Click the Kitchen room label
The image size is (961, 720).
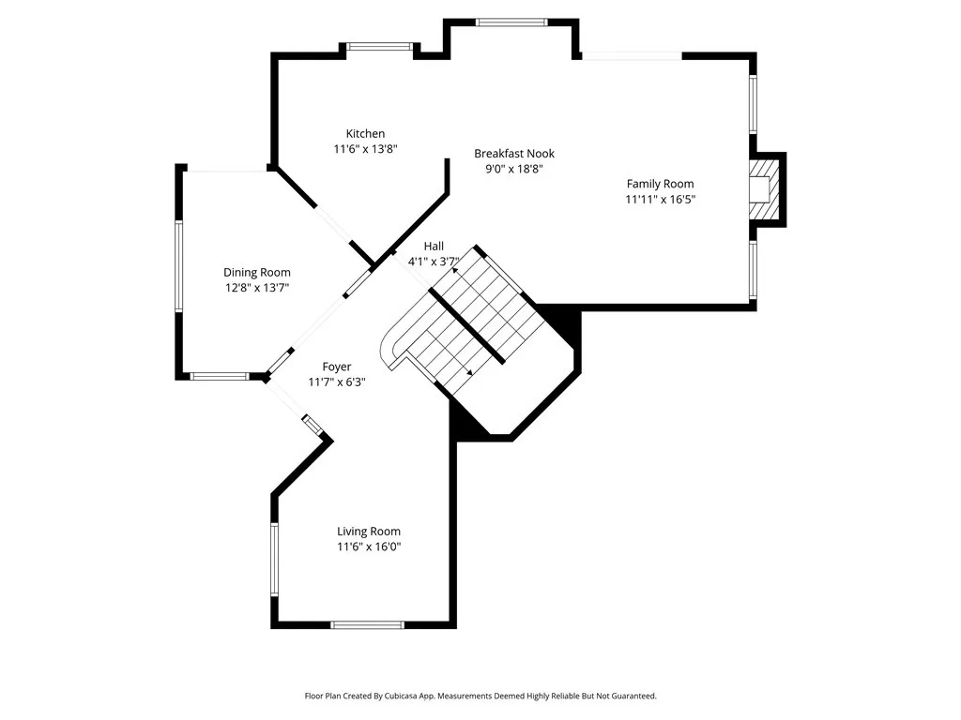point(365,133)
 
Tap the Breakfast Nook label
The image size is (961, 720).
point(514,154)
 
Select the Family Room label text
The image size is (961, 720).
point(660,184)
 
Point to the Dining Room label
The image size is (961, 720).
point(257,273)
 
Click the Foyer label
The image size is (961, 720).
point(337,367)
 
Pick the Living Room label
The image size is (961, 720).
point(368,532)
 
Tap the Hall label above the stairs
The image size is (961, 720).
point(434,247)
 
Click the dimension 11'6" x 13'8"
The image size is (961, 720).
point(365,149)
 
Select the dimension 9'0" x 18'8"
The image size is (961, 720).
point(514,169)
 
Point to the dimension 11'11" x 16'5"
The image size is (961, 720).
point(660,199)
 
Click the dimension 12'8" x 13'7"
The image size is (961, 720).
point(257,288)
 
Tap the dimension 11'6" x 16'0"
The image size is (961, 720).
point(368,547)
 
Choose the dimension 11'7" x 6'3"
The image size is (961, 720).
point(337,382)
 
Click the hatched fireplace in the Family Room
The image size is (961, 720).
point(765,189)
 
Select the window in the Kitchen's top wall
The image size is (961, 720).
point(380,46)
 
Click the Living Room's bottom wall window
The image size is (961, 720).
point(367,624)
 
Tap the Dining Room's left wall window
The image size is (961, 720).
point(179,266)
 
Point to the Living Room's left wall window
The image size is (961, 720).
point(274,559)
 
